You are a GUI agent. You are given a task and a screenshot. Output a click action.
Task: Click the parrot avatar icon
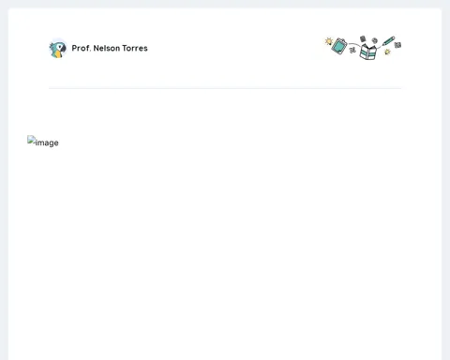(58, 48)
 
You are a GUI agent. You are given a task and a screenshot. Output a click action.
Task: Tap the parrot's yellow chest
(57, 54)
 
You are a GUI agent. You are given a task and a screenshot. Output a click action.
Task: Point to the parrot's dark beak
(64, 49)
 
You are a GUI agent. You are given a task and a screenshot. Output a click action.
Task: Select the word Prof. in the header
(82, 48)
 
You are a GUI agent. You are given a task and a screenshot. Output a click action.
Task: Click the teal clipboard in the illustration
(339, 46)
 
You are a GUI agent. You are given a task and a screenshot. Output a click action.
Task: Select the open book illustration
(367, 52)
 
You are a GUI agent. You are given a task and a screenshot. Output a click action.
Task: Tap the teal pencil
(388, 41)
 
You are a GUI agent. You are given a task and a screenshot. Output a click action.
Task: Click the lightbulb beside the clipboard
(329, 41)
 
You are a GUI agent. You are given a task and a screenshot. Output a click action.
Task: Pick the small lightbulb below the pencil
(387, 52)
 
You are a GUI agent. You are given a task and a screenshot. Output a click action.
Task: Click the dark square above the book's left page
(363, 38)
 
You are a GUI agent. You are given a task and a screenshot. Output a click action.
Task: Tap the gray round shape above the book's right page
(374, 40)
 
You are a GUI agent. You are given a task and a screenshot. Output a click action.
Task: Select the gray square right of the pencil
(397, 45)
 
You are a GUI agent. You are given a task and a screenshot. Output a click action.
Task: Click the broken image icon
(31, 140)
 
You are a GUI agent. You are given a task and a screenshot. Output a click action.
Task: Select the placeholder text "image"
(47, 142)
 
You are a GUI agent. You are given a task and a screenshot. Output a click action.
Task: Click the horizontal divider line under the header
(225, 88)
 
